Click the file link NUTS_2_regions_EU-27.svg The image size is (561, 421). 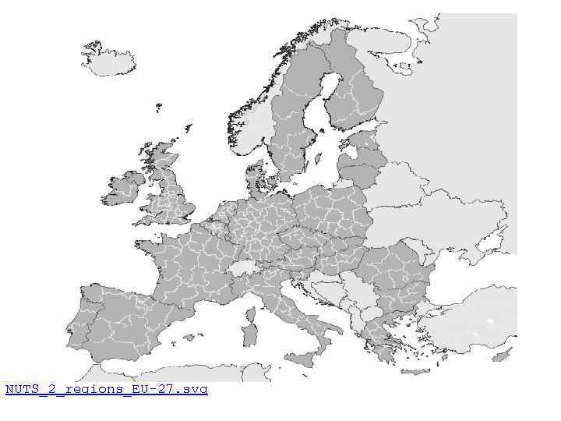pos(107,389)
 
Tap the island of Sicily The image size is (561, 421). pos(300,359)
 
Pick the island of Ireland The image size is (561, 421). pos(122,189)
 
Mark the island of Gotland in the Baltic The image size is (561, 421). pos(318,160)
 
